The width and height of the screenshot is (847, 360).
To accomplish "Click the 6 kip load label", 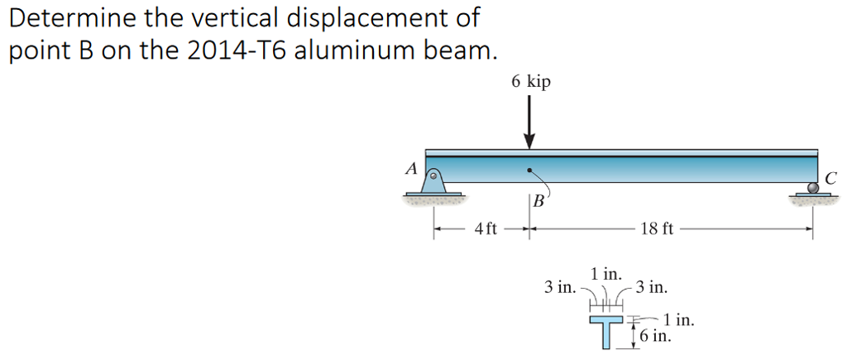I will point(530,82).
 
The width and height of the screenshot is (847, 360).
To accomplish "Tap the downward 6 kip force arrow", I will point(529,124).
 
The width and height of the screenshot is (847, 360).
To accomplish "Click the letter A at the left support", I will point(409,169).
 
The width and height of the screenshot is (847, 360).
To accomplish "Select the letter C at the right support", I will point(830,176).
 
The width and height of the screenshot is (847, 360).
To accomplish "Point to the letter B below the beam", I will point(538,201).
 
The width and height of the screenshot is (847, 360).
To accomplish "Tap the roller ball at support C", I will point(813,188).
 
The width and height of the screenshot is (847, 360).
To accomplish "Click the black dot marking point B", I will point(529,171).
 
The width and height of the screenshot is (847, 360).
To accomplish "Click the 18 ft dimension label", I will point(658,229).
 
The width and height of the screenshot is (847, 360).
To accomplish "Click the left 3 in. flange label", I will point(560,287).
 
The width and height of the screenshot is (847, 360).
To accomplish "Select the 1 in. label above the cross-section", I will point(606,274).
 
